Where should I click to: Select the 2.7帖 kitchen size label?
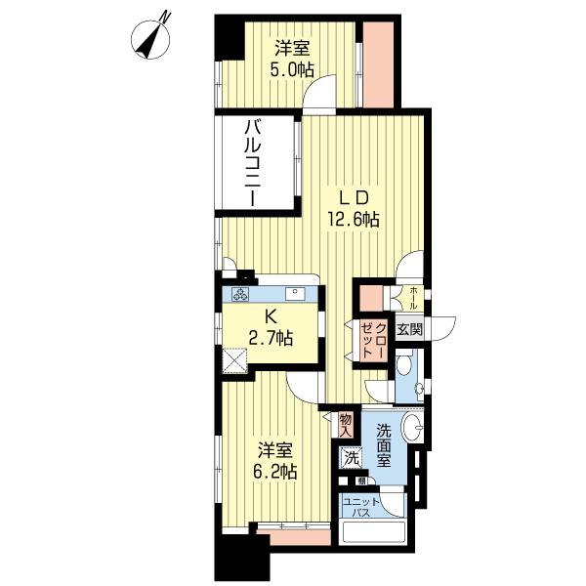[x=269, y=339]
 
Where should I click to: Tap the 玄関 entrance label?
[x=410, y=329]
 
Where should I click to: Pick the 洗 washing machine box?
[x=350, y=457]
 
